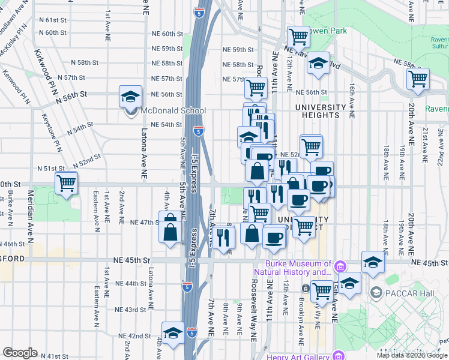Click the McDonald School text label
173,111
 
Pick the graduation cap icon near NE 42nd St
173,333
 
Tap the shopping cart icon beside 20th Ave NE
418,79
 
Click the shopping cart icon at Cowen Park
298,37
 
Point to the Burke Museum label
299,268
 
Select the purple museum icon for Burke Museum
340,265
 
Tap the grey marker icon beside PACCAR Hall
376,293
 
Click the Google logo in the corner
20,353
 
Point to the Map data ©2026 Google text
412,355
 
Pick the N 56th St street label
72,97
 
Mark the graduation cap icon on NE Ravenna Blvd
319,63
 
